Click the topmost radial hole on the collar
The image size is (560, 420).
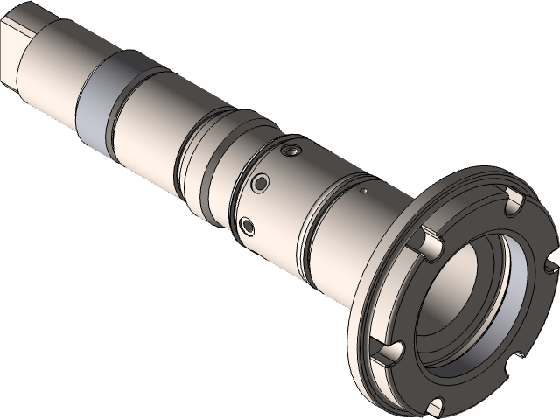click(x=292, y=152)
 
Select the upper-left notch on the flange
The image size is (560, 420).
click(x=428, y=238)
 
